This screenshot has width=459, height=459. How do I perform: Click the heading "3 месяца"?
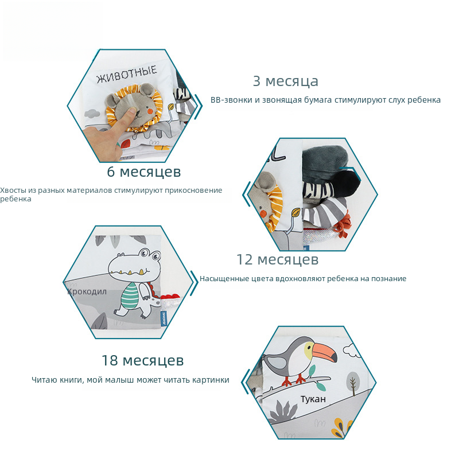click(x=285, y=81)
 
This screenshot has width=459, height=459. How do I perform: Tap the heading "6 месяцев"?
click(x=144, y=172)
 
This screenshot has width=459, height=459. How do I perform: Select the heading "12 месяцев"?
click(x=277, y=260)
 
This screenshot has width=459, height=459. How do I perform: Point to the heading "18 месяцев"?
click(x=142, y=361)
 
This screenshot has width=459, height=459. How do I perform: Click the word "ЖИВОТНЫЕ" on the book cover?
click(x=127, y=75)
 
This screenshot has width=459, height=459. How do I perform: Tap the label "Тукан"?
click(x=313, y=399)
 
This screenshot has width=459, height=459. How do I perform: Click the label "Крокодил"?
click(x=87, y=291)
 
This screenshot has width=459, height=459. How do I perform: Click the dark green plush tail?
click(x=324, y=163)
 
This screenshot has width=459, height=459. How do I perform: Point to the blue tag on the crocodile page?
click(x=164, y=318)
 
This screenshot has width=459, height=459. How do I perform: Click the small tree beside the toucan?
click(x=353, y=382)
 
